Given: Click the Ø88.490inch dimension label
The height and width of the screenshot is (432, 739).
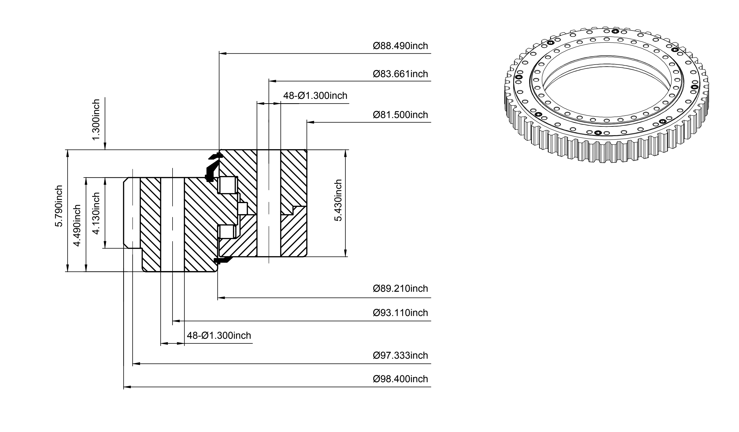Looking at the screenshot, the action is (400, 46).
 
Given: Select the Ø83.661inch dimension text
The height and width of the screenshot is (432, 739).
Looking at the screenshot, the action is (400, 74).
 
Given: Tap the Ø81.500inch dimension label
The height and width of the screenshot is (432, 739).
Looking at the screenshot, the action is (400, 115).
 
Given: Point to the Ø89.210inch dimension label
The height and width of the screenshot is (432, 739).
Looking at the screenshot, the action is (400, 288).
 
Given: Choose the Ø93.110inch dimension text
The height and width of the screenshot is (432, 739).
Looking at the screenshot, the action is (400, 313).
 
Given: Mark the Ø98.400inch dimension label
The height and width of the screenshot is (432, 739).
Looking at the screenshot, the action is (400, 379).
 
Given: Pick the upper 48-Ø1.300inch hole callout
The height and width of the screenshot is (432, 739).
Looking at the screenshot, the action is (315, 96).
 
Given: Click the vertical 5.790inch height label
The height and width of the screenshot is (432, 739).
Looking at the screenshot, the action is (59, 206).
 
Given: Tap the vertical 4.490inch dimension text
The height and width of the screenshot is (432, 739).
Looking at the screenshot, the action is (77, 225).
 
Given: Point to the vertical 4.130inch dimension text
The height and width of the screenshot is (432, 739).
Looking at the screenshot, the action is (96, 213).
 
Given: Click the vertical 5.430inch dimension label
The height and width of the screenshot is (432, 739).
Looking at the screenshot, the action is (338, 200).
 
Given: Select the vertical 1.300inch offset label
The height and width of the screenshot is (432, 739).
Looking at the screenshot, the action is (96, 120).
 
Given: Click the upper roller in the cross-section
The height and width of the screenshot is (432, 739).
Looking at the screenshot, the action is (228, 185).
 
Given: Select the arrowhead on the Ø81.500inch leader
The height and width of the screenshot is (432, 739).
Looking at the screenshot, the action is (311, 122).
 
